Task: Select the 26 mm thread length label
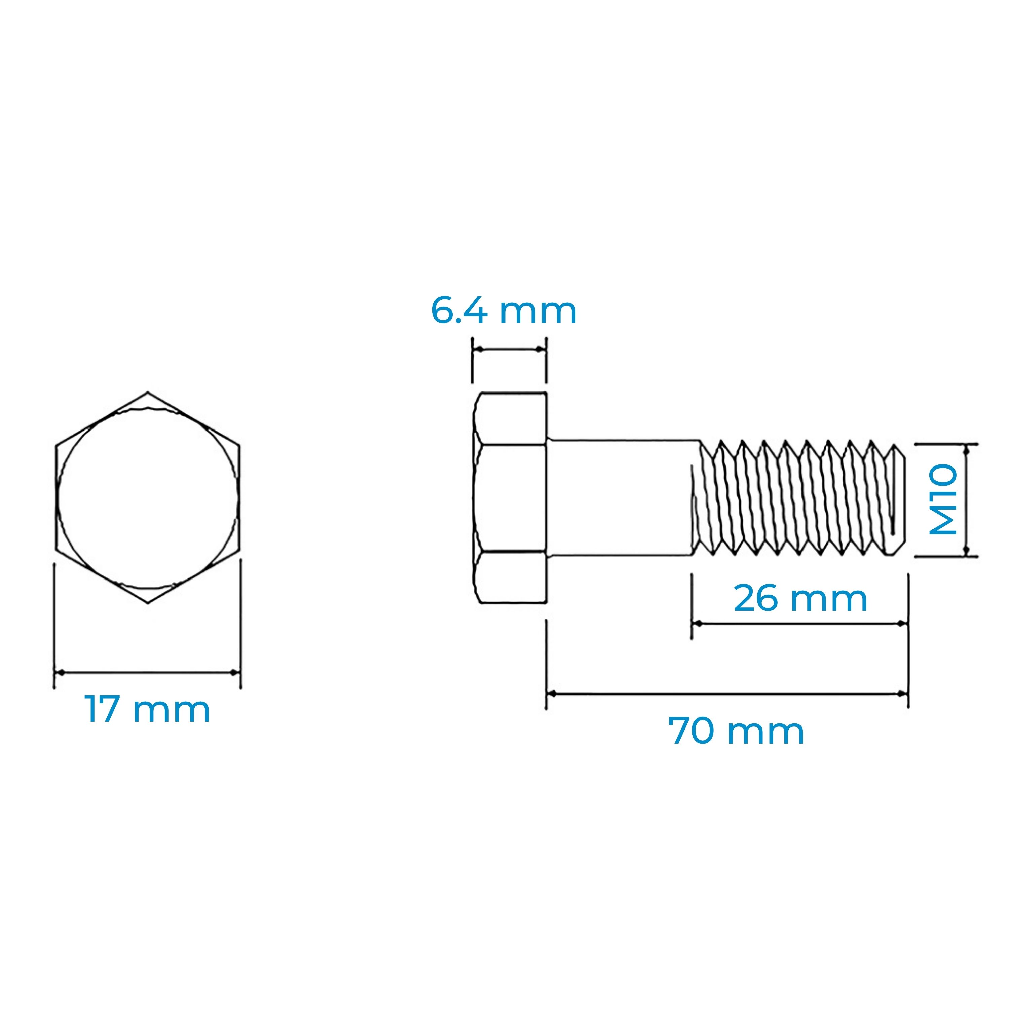800,599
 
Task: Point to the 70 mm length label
736,731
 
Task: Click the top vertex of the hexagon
148,392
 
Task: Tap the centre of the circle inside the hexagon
148,498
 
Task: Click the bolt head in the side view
510,498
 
